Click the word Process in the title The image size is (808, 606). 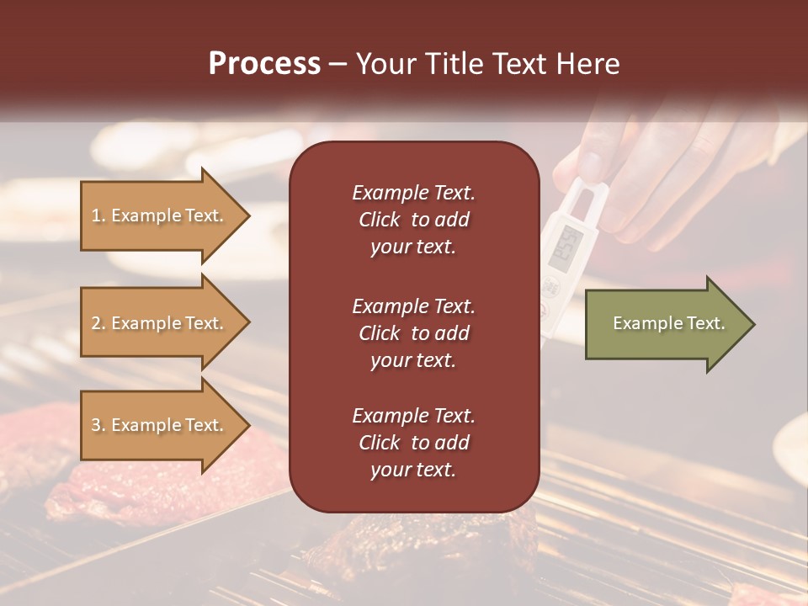264,64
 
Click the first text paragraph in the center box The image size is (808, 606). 413,220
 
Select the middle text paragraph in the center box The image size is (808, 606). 413,333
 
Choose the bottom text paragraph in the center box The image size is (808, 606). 413,443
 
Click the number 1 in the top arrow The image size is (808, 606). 95,215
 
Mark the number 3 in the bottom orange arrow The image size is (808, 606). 96,425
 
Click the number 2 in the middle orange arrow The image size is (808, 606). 96,323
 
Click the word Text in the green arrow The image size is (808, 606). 706,323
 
